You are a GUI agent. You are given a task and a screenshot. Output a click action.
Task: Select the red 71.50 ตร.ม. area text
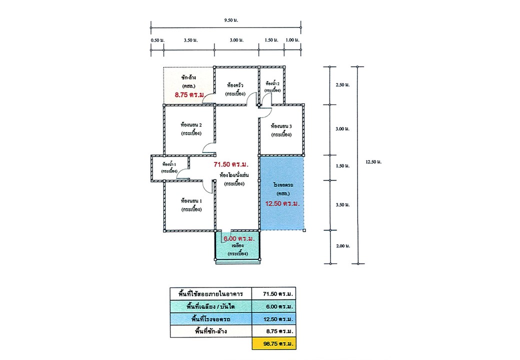point(231,164)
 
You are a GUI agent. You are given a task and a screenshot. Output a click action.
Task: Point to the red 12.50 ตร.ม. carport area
point(282,203)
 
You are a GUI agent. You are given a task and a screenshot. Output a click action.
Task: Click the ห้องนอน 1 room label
point(191,201)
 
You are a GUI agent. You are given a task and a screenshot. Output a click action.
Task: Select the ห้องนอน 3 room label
point(281,126)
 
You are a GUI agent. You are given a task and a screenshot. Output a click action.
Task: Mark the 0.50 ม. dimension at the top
point(157,39)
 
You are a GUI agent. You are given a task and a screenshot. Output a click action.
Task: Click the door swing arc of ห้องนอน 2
point(207,146)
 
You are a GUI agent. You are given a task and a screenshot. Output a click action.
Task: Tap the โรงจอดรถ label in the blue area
point(282,185)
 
